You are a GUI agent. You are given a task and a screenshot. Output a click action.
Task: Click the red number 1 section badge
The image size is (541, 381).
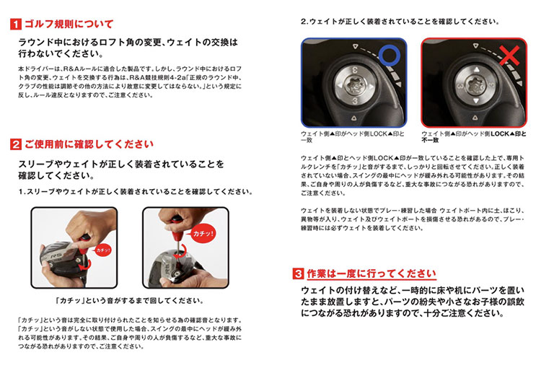click(16, 25)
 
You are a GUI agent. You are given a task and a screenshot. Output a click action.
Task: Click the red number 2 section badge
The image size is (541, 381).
click(16, 144)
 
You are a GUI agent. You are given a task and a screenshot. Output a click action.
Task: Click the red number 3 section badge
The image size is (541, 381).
click(298, 273)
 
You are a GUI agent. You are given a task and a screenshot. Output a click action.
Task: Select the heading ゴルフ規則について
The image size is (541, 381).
click(69, 24)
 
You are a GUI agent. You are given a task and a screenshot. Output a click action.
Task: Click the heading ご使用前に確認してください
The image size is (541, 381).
click(89, 144)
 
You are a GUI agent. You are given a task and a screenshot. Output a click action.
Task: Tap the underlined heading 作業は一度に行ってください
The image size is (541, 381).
click(371, 273)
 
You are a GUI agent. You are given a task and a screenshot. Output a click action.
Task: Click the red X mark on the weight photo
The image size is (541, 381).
click(509, 56)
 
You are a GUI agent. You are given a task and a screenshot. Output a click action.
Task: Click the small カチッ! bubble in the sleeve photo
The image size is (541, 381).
click(103, 250)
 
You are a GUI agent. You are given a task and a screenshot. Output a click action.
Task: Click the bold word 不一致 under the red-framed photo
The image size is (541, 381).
click(430, 140)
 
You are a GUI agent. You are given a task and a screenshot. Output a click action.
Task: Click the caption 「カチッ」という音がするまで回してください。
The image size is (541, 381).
click(130, 301)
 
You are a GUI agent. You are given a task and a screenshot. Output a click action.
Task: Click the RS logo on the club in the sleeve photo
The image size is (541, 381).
click(56, 256)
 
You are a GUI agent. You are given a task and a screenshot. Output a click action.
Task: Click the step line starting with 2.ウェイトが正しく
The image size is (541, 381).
click(400, 22)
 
